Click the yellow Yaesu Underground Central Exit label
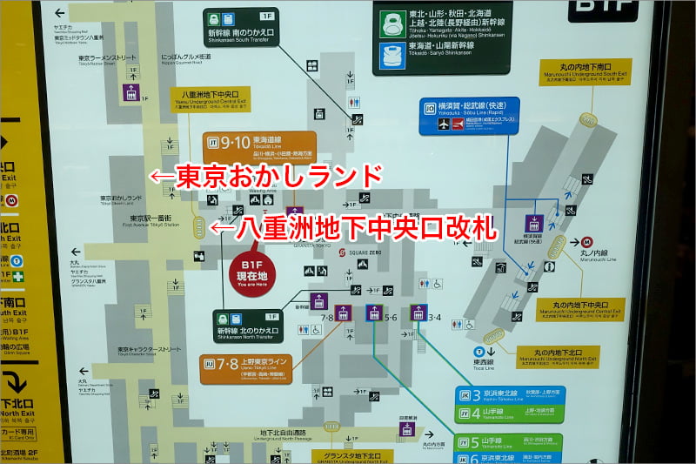click(x=214, y=99)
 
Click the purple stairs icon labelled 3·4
click(x=418, y=313)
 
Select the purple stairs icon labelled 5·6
click(x=375, y=313)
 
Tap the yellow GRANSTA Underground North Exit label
click(x=345, y=456)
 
